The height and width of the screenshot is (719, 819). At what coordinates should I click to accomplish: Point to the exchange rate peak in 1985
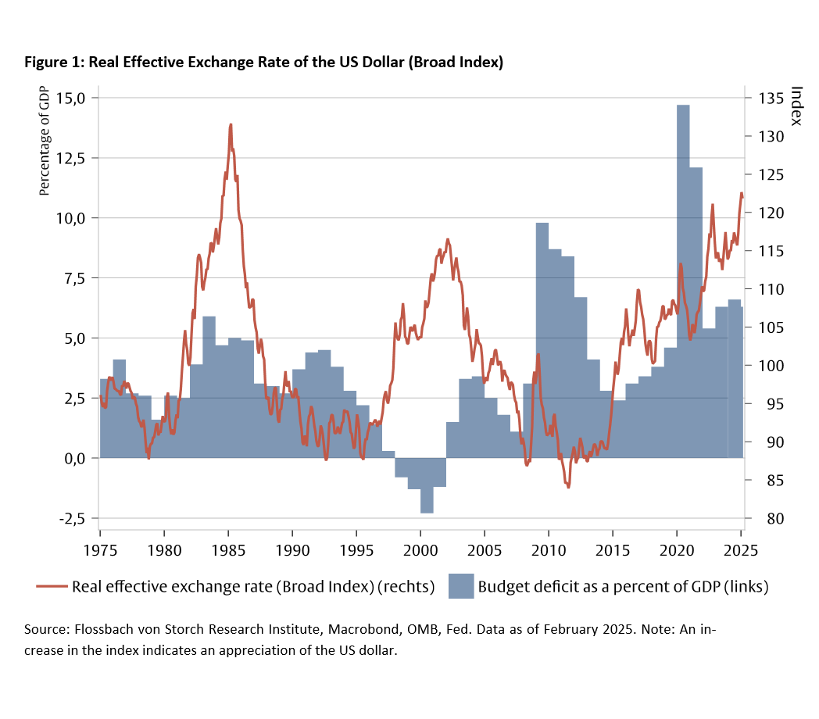pyautogui.click(x=231, y=125)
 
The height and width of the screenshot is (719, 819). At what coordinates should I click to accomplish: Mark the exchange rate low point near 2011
pyautogui.click(x=568, y=487)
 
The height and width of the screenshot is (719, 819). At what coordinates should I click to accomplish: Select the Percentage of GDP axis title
pyautogui.click(x=45, y=141)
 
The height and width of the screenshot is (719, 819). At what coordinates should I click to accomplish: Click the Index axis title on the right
pyautogui.click(x=796, y=106)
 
